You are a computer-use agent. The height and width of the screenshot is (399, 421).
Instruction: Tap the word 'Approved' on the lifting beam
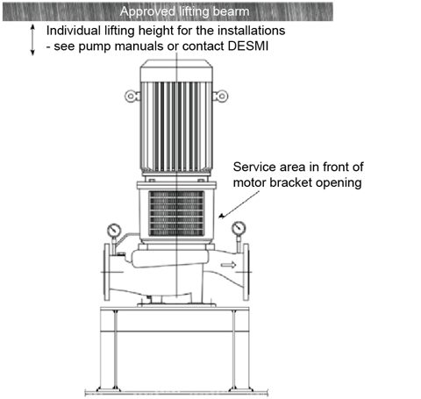click(x=147, y=12)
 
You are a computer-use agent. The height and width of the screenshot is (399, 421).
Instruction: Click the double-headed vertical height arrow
click(x=32, y=40)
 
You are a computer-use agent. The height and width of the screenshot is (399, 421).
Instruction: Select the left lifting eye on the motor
click(x=132, y=96)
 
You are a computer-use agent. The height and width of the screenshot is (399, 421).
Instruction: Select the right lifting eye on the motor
click(x=220, y=96)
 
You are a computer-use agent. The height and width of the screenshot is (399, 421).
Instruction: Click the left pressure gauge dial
click(x=114, y=231)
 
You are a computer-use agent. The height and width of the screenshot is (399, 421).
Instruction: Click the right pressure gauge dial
click(x=239, y=228)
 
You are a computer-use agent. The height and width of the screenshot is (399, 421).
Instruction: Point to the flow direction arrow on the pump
click(x=228, y=265)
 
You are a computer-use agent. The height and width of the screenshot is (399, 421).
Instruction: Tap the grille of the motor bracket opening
click(x=176, y=213)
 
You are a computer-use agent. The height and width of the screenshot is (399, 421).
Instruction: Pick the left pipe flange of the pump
click(x=107, y=272)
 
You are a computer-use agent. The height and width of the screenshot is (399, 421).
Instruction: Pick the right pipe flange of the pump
click(x=246, y=272)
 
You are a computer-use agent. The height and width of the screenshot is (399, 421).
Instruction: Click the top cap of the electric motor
click(x=176, y=71)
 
